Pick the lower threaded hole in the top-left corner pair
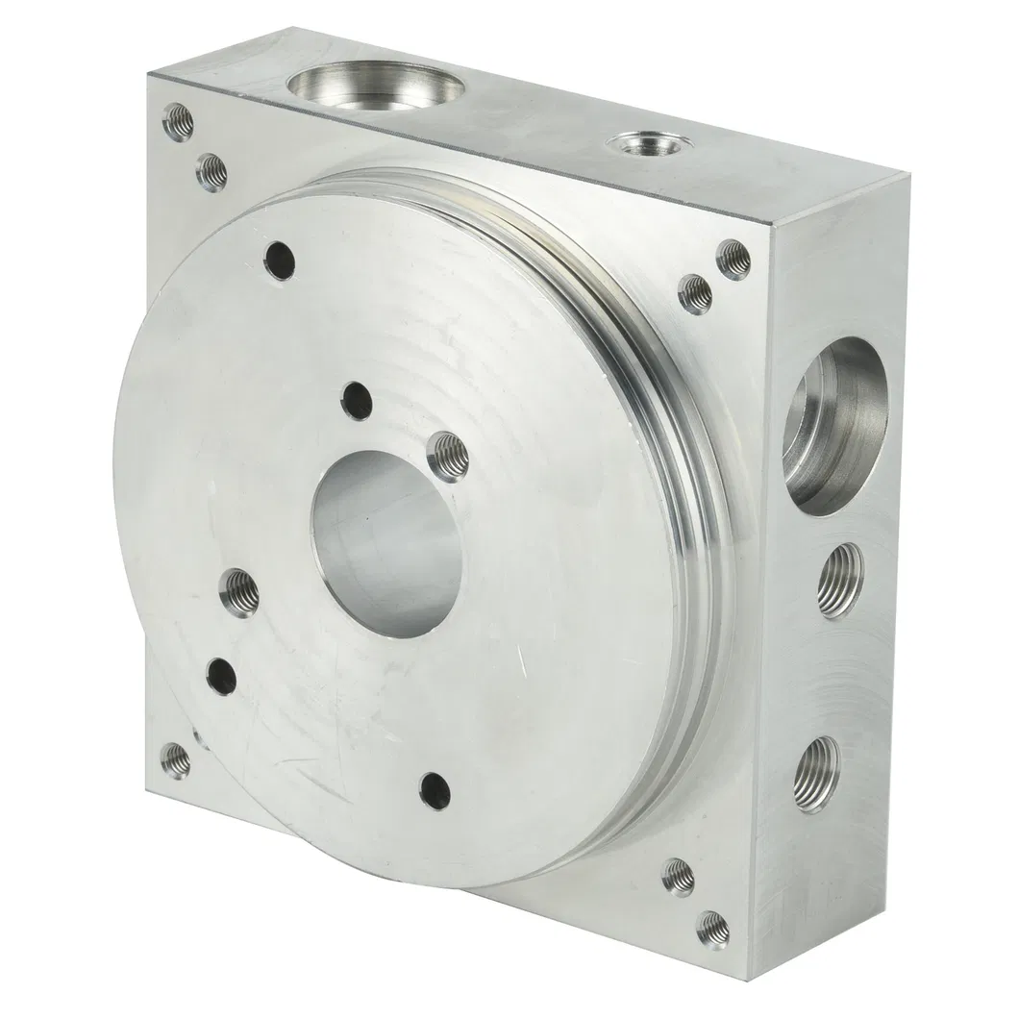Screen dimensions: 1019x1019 coord(211,172)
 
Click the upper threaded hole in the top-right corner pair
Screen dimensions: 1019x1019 coord(734,257)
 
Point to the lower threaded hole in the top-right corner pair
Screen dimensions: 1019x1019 coord(694,293)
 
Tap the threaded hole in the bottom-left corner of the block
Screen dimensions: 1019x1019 coord(174,759)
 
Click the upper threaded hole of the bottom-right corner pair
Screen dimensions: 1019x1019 coord(679,877)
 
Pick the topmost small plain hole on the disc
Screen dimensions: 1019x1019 coord(279,259)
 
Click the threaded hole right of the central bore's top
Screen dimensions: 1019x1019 coord(445,450)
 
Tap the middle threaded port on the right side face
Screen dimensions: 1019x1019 coord(840,580)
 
